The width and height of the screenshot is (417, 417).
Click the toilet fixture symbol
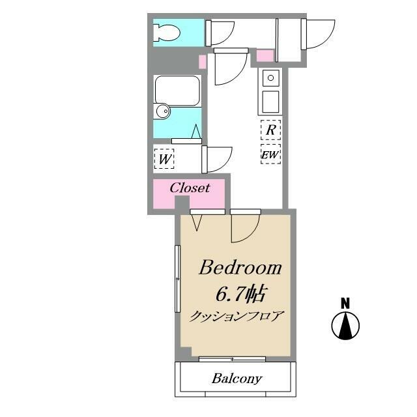167,33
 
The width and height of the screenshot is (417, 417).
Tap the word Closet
190,188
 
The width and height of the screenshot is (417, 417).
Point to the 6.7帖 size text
240,294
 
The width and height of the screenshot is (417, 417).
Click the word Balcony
237,379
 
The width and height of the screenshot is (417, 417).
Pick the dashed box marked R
270,130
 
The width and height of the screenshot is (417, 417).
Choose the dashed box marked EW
270,154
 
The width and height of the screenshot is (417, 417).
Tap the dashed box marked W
164,159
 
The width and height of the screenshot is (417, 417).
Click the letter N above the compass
345,304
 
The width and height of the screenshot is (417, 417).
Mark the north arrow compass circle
345,326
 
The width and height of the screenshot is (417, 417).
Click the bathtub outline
177,91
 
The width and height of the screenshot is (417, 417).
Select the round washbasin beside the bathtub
162,111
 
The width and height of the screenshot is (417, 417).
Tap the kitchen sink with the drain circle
271,78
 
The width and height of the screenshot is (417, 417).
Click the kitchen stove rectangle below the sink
271,102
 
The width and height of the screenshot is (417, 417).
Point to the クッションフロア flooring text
236,317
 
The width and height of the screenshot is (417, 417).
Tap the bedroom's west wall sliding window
177,279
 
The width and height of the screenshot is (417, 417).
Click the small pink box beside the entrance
265,55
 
